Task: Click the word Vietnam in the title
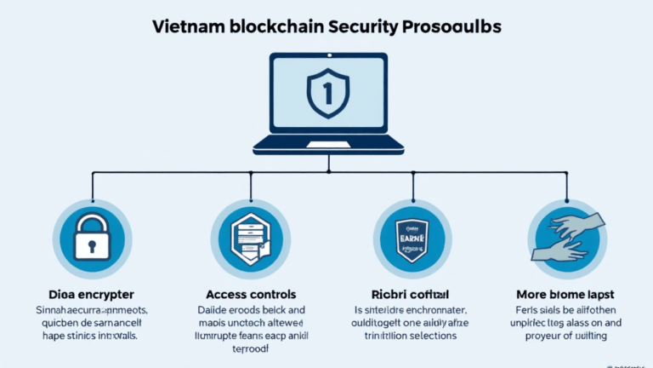coord(190,26)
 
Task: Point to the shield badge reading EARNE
coord(412,235)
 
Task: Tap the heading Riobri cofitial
coord(412,294)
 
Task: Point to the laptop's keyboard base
coord(326,146)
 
